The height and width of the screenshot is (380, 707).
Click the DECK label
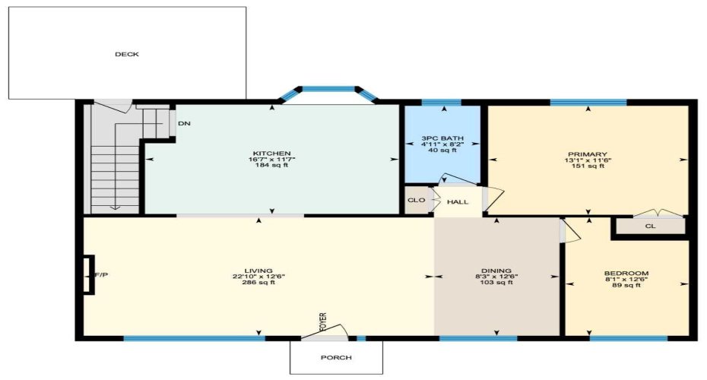click(x=127, y=54)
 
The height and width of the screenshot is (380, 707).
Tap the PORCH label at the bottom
click(x=336, y=357)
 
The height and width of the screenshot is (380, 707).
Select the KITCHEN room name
click(x=271, y=153)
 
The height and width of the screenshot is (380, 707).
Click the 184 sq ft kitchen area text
click(x=271, y=166)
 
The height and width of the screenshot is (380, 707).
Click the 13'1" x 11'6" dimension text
click(x=587, y=160)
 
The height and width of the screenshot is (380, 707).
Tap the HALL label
click(x=458, y=202)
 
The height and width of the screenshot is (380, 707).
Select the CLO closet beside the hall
click(x=416, y=201)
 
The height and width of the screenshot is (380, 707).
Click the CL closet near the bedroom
click(x=650, y=226)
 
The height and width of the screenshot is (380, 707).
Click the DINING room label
click(x=496, y=270)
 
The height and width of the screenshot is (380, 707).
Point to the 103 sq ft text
click(x=496, y=283)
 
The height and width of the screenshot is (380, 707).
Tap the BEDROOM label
click(x=626, y=273)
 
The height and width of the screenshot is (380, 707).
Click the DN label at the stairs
click(x=183, y=123)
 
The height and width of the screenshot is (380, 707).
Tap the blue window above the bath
click(x=441, y=102)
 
